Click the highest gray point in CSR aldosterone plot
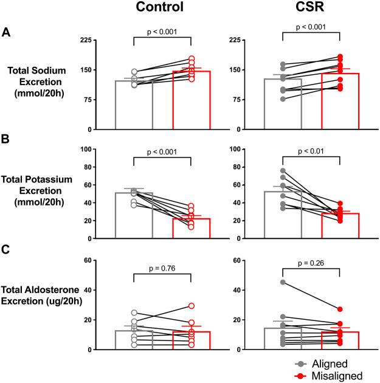coord(283,282)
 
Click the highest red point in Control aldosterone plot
coord(191,306)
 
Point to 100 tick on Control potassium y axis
coord(104,149)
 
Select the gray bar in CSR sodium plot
coord(283,104)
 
